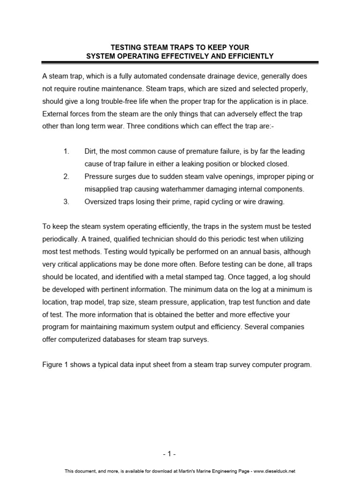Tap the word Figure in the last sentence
click(52, 365)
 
